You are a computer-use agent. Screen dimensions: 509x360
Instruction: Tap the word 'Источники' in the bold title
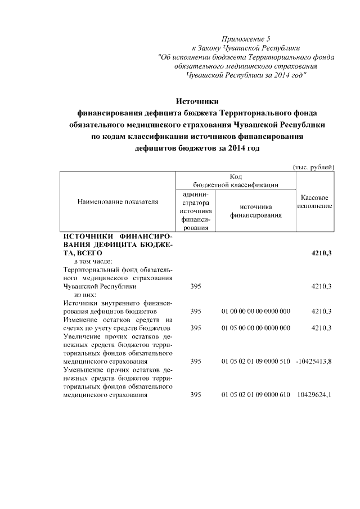(196, 101)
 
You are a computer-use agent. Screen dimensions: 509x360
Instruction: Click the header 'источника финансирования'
(256, 210)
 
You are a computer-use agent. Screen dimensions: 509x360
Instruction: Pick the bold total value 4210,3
(321, 254)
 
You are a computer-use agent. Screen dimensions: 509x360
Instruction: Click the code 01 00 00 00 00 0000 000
(256, 311)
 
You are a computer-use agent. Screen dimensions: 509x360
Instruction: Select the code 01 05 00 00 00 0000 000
(256, 327)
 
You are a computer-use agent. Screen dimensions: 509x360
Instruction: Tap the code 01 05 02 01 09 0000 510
(256, 361)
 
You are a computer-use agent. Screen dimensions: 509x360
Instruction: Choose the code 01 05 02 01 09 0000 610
(256, 394)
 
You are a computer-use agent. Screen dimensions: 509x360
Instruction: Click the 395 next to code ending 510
(196, 361)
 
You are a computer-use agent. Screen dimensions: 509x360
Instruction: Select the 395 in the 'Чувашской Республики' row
(196, 286)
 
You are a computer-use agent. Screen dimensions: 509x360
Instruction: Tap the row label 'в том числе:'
(93, 262)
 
